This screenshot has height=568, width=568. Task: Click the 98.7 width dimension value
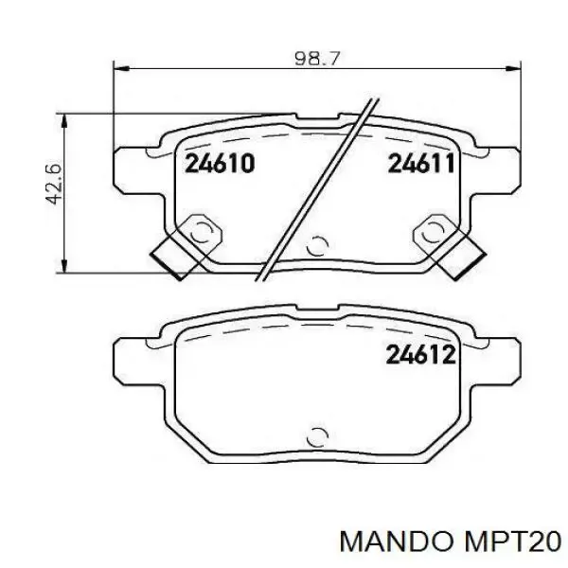[318, 59]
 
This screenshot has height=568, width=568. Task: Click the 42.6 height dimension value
[54, 184]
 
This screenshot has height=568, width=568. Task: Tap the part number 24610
[220, 163]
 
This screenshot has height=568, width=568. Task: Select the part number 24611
[421, 163]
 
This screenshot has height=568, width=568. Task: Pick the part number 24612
[420, 354]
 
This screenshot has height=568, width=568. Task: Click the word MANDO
[397, 542]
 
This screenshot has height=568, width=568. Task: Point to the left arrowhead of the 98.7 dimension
[121, 68]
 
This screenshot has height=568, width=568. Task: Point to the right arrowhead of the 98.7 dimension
[513, 68]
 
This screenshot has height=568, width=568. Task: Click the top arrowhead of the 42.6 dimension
[64, 122]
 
